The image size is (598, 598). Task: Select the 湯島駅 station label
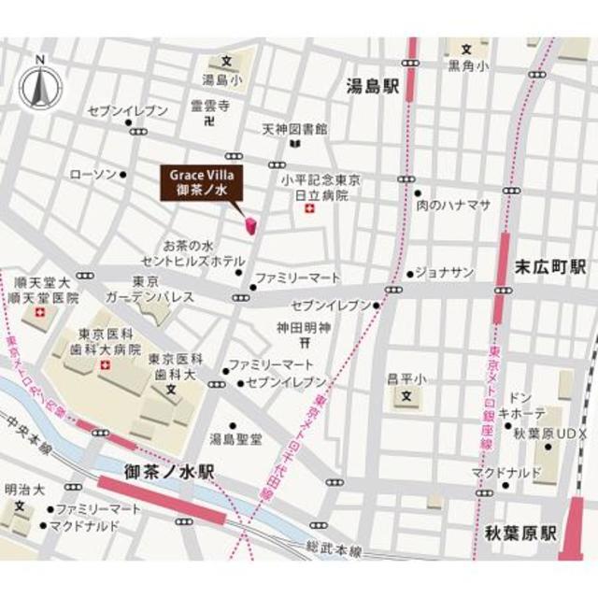[372, 87]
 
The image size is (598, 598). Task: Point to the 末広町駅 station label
[550, 265]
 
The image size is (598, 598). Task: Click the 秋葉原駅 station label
[520, 534]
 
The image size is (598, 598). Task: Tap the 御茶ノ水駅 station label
[169, 473]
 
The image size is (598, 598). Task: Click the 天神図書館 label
[293, 128]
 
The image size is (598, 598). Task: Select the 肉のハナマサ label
[453, 206]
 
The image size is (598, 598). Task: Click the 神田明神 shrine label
[305, 328]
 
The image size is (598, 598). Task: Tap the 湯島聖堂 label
[235, 438]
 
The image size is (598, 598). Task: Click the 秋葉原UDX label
[534, 432]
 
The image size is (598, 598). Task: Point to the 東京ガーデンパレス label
[163, 290]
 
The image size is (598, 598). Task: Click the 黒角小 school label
[467, 66]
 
